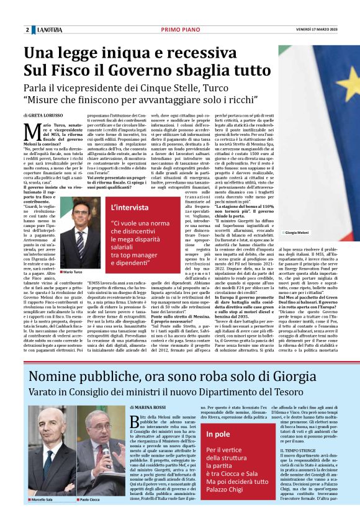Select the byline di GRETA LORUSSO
coord(45,116)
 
